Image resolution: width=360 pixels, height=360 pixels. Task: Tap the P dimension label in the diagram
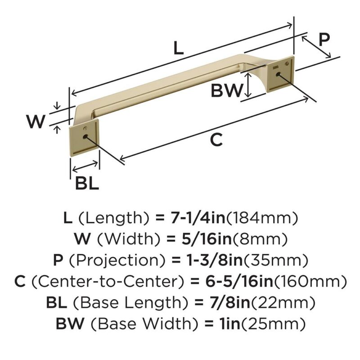(324, 40)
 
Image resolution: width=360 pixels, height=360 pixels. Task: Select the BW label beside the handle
(227, 90)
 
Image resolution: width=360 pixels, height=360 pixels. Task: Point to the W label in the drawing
(36, 121)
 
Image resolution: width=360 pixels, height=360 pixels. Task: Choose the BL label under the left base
(87, 183)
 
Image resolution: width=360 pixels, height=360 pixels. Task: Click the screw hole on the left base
(85, 137)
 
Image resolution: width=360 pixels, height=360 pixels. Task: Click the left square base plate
(84, 139)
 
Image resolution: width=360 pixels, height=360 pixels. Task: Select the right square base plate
(280, 74)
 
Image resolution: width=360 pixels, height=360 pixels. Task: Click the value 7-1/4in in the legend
(198, 218)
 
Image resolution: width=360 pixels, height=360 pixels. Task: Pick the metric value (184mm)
(262, 218)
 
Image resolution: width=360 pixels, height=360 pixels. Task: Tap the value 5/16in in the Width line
(207, 239)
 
